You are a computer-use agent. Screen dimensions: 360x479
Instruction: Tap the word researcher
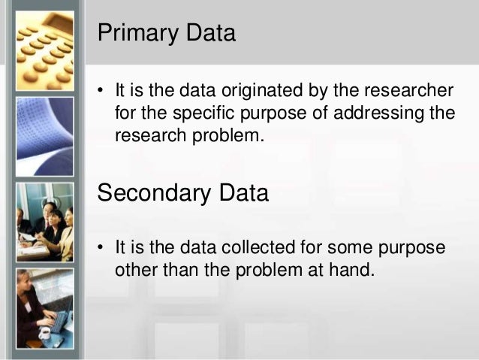pyautogui.click(x=411, y=92)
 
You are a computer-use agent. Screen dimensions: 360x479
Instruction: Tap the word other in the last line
pyautogui.click(x=133, y=270)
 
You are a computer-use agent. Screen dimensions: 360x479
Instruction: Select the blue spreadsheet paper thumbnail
pyautogui.click(x=44, y=136)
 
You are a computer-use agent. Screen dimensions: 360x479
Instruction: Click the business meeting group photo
pyautogui.click(x=44, y=221)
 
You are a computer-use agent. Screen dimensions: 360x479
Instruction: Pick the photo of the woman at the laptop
pyautogui.click(x=44, y=307)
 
